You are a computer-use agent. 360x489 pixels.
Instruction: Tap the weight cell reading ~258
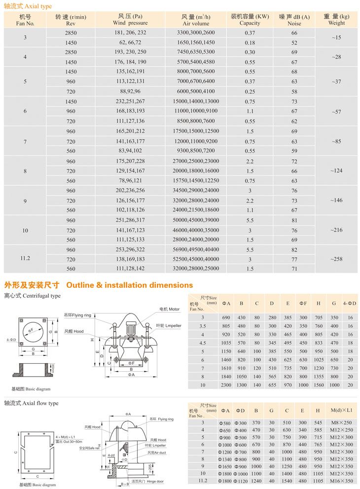[336, 259]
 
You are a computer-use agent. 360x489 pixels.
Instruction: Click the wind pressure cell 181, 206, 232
[130, 33]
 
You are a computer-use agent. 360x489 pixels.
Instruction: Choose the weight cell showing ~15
[336, 37]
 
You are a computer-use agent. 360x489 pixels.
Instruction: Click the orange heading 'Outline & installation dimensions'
[129, 285]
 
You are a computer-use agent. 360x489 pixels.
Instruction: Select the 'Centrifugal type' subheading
[32, 296]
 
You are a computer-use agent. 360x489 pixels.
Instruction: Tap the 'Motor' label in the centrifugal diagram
[169, 309]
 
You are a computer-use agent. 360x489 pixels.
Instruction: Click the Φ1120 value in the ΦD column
[241, 481]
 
